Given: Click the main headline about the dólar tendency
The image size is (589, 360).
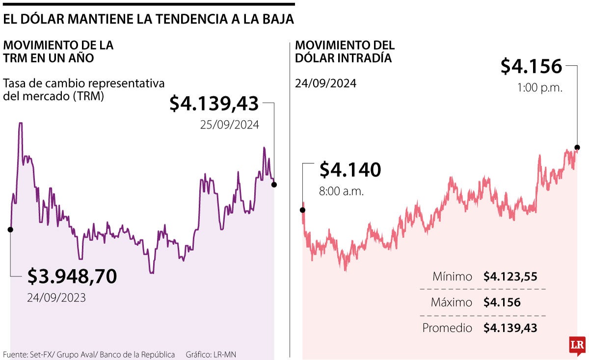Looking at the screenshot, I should (x=149, y=19).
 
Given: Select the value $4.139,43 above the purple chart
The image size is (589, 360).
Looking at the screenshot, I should (x=214, y=103).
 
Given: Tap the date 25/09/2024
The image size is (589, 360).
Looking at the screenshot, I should (x=229, y=125).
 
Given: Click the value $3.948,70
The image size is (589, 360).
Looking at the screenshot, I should (x=72, y=276).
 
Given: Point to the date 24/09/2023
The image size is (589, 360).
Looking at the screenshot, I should (x=56, y=297).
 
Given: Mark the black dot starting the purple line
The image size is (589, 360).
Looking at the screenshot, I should (x=10, y=229).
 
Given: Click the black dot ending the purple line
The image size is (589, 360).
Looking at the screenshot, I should (x=274, y=184).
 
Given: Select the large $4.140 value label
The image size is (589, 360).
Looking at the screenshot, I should (x=350, y=170).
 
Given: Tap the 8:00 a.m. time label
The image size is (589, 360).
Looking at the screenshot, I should (x=342, y=191).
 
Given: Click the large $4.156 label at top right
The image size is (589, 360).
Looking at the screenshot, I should (x=531, y=66).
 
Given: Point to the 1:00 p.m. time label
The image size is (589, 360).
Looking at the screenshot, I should (x=540, y=88).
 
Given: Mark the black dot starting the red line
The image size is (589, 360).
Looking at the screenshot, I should (x=303, y=210).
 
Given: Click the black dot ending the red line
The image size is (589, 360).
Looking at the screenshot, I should (x=577, y=147).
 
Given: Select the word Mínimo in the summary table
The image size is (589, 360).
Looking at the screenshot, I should (x=452, y=277).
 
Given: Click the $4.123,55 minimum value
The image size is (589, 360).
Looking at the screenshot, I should (x=510, y=277).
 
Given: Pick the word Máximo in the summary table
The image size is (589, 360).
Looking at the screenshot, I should (x=451, y=303).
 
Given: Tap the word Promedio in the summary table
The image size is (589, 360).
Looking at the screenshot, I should (x=447, y=328).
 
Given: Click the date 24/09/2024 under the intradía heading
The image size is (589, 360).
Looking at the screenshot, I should (x=325, y=83).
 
